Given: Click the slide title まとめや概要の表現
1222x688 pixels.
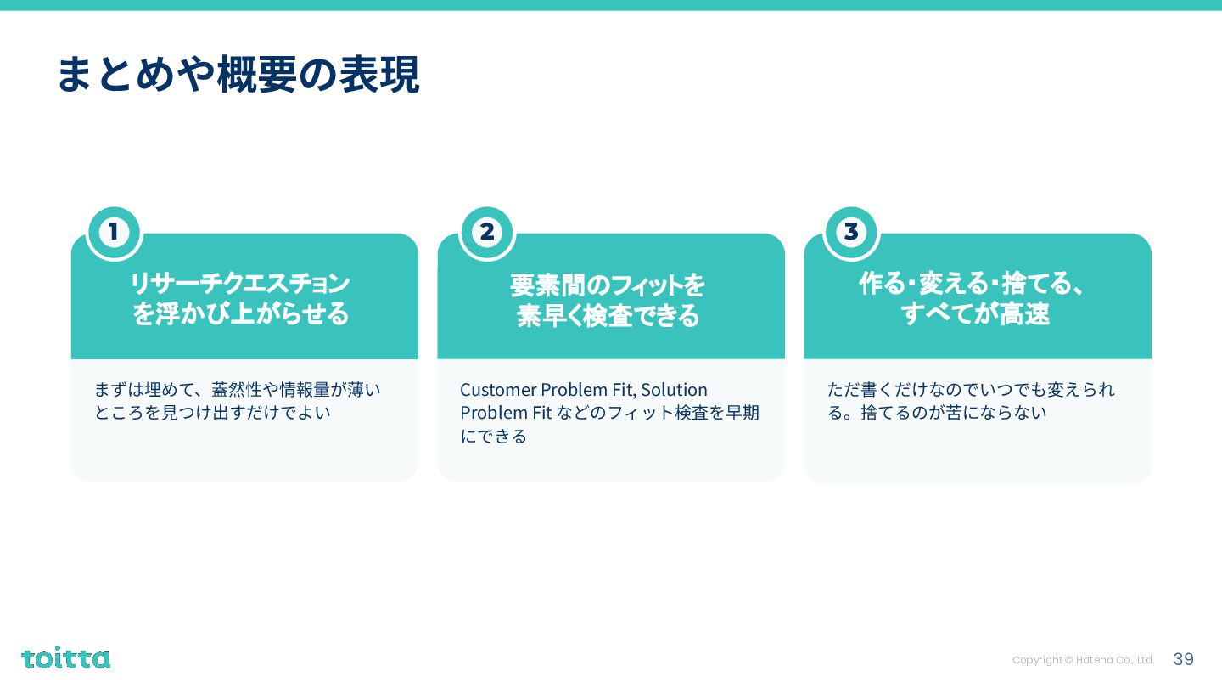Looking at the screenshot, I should (x=238, y=75).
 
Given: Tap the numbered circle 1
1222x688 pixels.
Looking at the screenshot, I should (x=114, y=232).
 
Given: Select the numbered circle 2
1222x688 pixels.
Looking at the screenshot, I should (x=487, y=232).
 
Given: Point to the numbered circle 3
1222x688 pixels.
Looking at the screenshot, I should (x=851, y=232).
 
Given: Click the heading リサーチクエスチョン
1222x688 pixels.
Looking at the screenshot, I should (x=240, y=283).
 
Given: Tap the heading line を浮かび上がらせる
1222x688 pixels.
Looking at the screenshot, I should (x=240, y=313).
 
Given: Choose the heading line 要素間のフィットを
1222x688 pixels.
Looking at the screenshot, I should (x=608, y=285).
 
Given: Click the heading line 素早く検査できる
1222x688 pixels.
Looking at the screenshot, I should (x=608, y=315).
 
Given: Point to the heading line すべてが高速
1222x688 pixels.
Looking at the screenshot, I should (x=975, y=313).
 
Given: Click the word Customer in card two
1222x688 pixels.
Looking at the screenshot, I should (x=498, y=390).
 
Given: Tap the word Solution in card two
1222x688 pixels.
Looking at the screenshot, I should (x=674, y=390).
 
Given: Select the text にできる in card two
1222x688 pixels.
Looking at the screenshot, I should (x=494, y=437).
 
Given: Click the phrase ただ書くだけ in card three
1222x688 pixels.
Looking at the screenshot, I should (x=869, y=390).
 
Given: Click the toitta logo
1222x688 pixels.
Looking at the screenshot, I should (x=65, y=657).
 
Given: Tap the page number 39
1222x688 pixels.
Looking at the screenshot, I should (x=1183, y=659).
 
